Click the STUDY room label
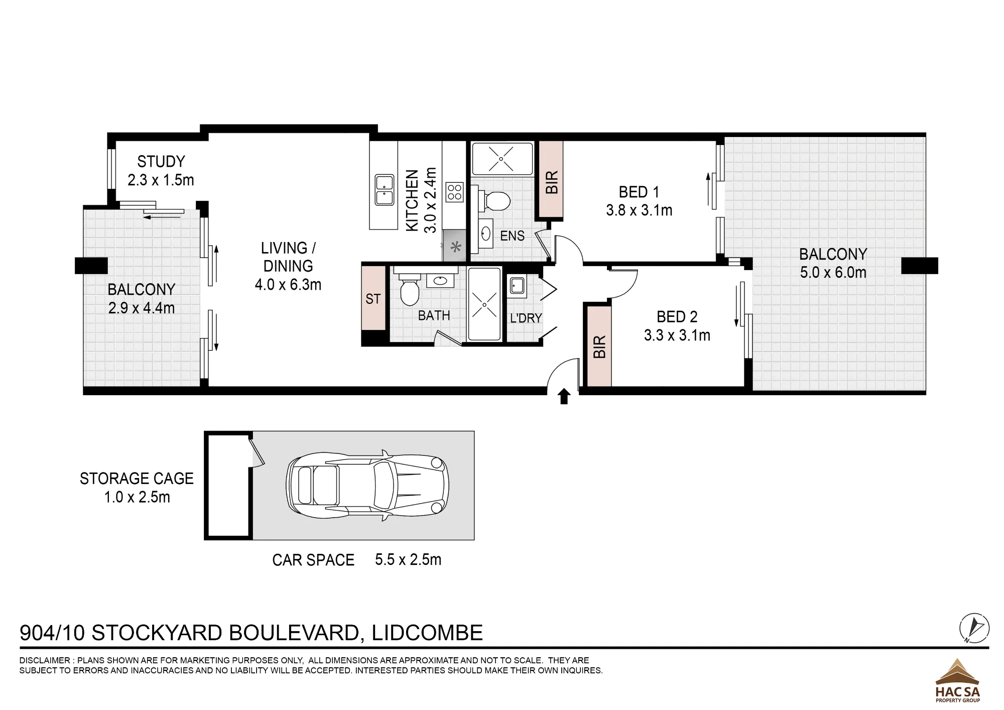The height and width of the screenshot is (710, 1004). point(161,162)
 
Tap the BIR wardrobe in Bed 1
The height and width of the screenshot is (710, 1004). point(551,180)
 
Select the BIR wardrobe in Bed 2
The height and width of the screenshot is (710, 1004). point(599,346)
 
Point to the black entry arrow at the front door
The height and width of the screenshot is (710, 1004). point(564,396)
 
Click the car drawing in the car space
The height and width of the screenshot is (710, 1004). point(367,486)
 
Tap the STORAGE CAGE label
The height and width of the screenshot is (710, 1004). point(137,479)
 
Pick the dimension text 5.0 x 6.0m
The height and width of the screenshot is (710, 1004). point(833,273)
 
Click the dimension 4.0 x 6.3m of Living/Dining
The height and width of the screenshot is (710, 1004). point(288,285)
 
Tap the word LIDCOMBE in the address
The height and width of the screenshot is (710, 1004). point(427,633)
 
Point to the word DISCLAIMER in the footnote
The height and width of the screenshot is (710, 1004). point(44,661)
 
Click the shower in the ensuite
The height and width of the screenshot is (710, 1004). point(502,159)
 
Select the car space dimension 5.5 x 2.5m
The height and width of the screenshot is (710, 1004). point(408,559)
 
